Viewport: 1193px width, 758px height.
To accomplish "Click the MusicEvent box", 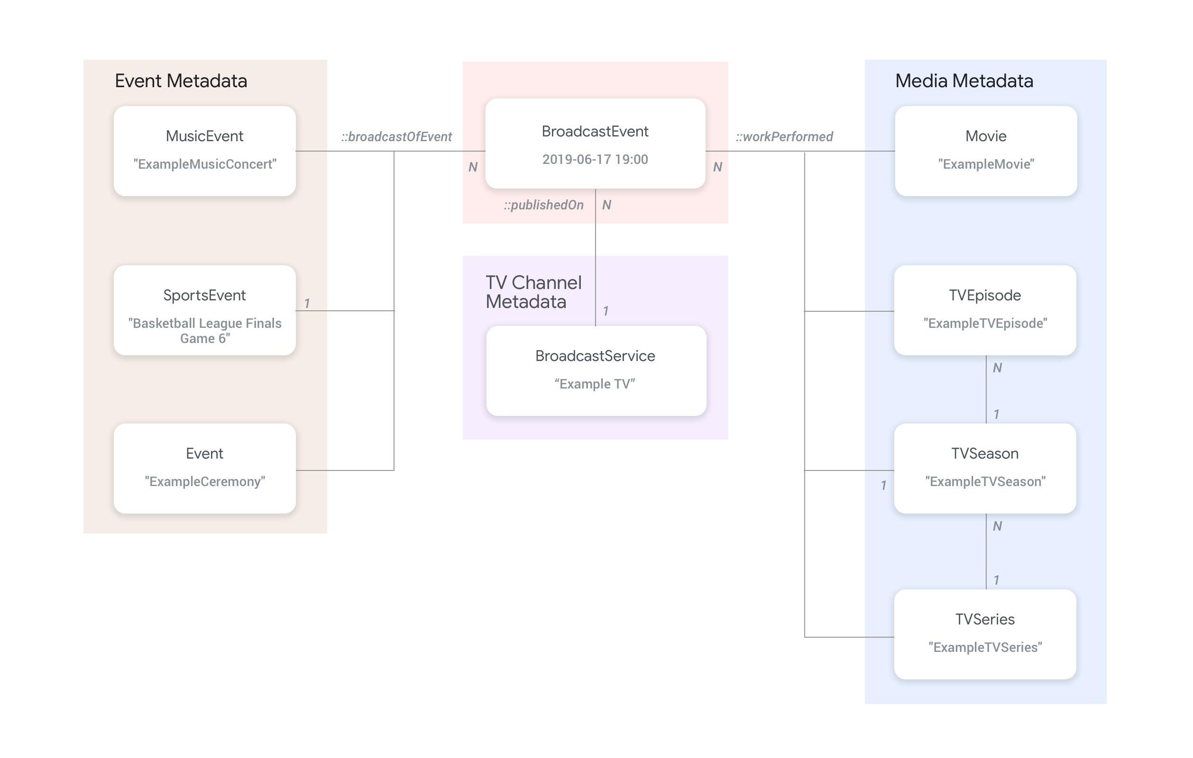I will [205, 151].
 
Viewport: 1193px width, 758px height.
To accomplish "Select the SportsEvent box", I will [205, 310].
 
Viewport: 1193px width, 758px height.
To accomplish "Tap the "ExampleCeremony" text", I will [205, 482].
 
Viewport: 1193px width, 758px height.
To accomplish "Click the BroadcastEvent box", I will [595, 143].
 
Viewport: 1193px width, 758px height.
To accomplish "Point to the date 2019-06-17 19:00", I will [595, 160].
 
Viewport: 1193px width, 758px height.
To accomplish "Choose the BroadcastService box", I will [596, 370].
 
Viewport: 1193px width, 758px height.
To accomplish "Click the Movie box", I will [986, 151].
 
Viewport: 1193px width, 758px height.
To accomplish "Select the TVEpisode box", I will [985, 310].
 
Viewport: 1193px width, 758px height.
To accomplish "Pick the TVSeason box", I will [985, 468].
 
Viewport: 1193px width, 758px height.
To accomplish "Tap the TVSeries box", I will [985, 634].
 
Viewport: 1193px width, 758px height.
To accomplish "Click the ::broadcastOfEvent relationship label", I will [396, 136].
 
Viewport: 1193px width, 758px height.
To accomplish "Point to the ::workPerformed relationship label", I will [784, 136].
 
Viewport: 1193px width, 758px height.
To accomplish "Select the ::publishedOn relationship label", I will [543, 205].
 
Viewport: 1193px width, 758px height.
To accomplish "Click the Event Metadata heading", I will [181, 81].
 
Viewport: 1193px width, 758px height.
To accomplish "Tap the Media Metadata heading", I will [964, 81].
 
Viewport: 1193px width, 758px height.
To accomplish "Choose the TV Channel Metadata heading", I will [533, 292].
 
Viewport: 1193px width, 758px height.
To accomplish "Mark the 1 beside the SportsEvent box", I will [307, 303].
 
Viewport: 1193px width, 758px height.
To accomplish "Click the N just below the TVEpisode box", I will [997, 368].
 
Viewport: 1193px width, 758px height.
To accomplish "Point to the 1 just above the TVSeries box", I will [996, 580].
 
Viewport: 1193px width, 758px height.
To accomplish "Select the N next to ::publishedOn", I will [606, 205].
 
